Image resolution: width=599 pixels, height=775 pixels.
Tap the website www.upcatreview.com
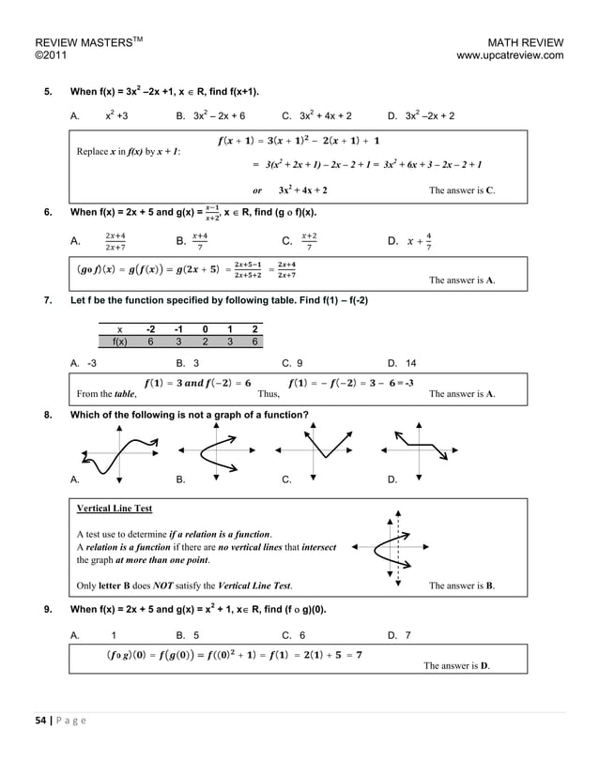(509, 56)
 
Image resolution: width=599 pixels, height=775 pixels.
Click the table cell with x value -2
(151, 329)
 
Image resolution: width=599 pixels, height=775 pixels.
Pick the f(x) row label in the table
(119, 342)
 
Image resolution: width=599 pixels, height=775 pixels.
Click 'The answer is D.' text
(456, 666)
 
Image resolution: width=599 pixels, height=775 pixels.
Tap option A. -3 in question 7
(84, 361)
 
